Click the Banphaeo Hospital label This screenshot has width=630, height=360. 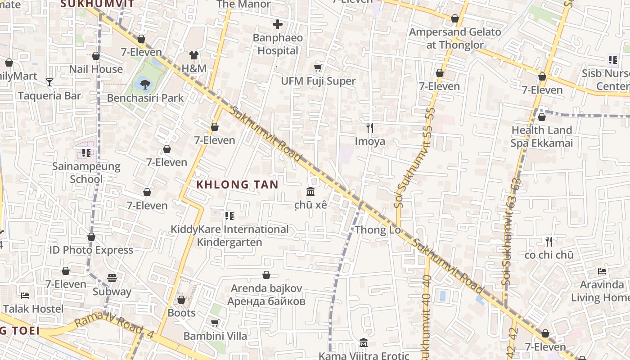coord(278,44)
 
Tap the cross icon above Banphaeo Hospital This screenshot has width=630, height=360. coord(278,24)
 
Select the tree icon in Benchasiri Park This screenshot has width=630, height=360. coord(144,83)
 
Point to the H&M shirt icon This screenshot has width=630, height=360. coord(193,55)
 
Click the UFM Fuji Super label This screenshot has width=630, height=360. coord(318,81)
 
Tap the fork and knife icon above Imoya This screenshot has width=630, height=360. coord(370,128)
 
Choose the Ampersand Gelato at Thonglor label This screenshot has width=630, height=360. coord(455,38)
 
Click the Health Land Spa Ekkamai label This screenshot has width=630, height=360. coord(542,137)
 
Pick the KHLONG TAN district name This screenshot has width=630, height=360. coord(237,184)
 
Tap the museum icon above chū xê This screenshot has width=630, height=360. coord(310,192)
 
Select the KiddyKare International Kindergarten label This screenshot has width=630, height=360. coord(229,236)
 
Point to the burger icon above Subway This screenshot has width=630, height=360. coord(112,278)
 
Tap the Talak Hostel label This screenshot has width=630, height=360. coord(33,309)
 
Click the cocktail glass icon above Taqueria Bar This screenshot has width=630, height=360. coord(49,82)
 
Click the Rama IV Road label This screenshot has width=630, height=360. coord(115,327)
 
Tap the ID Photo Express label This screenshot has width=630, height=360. coord(91,250)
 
